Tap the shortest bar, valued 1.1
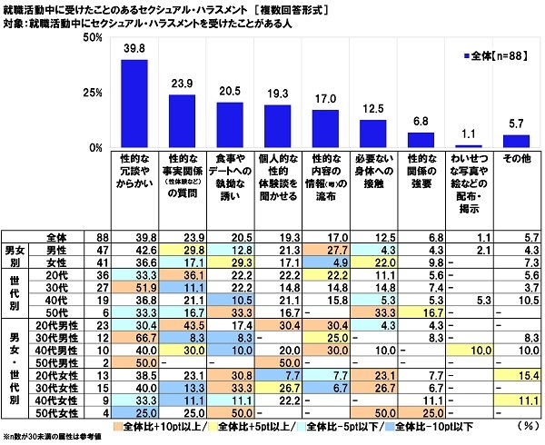click(x=468, y=146)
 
